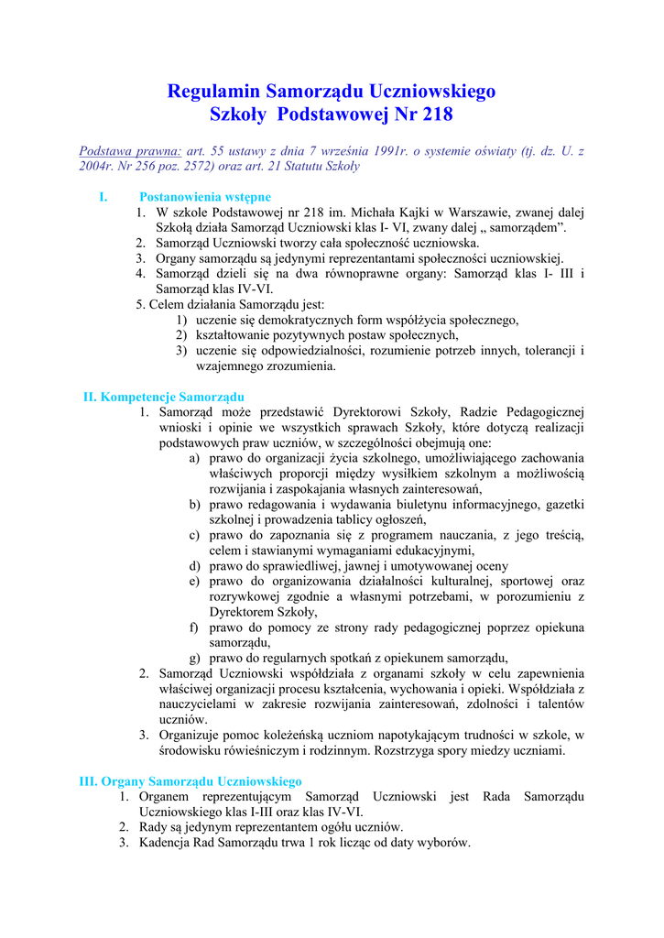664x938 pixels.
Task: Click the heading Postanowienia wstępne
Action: (204, 197)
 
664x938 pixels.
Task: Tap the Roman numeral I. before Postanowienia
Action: (103, 197)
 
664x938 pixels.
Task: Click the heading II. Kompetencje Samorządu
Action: (164, 397)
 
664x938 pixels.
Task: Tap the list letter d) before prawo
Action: (195, 566)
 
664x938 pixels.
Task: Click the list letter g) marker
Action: (195, 658)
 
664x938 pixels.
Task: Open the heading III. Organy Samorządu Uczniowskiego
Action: (190, 781)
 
